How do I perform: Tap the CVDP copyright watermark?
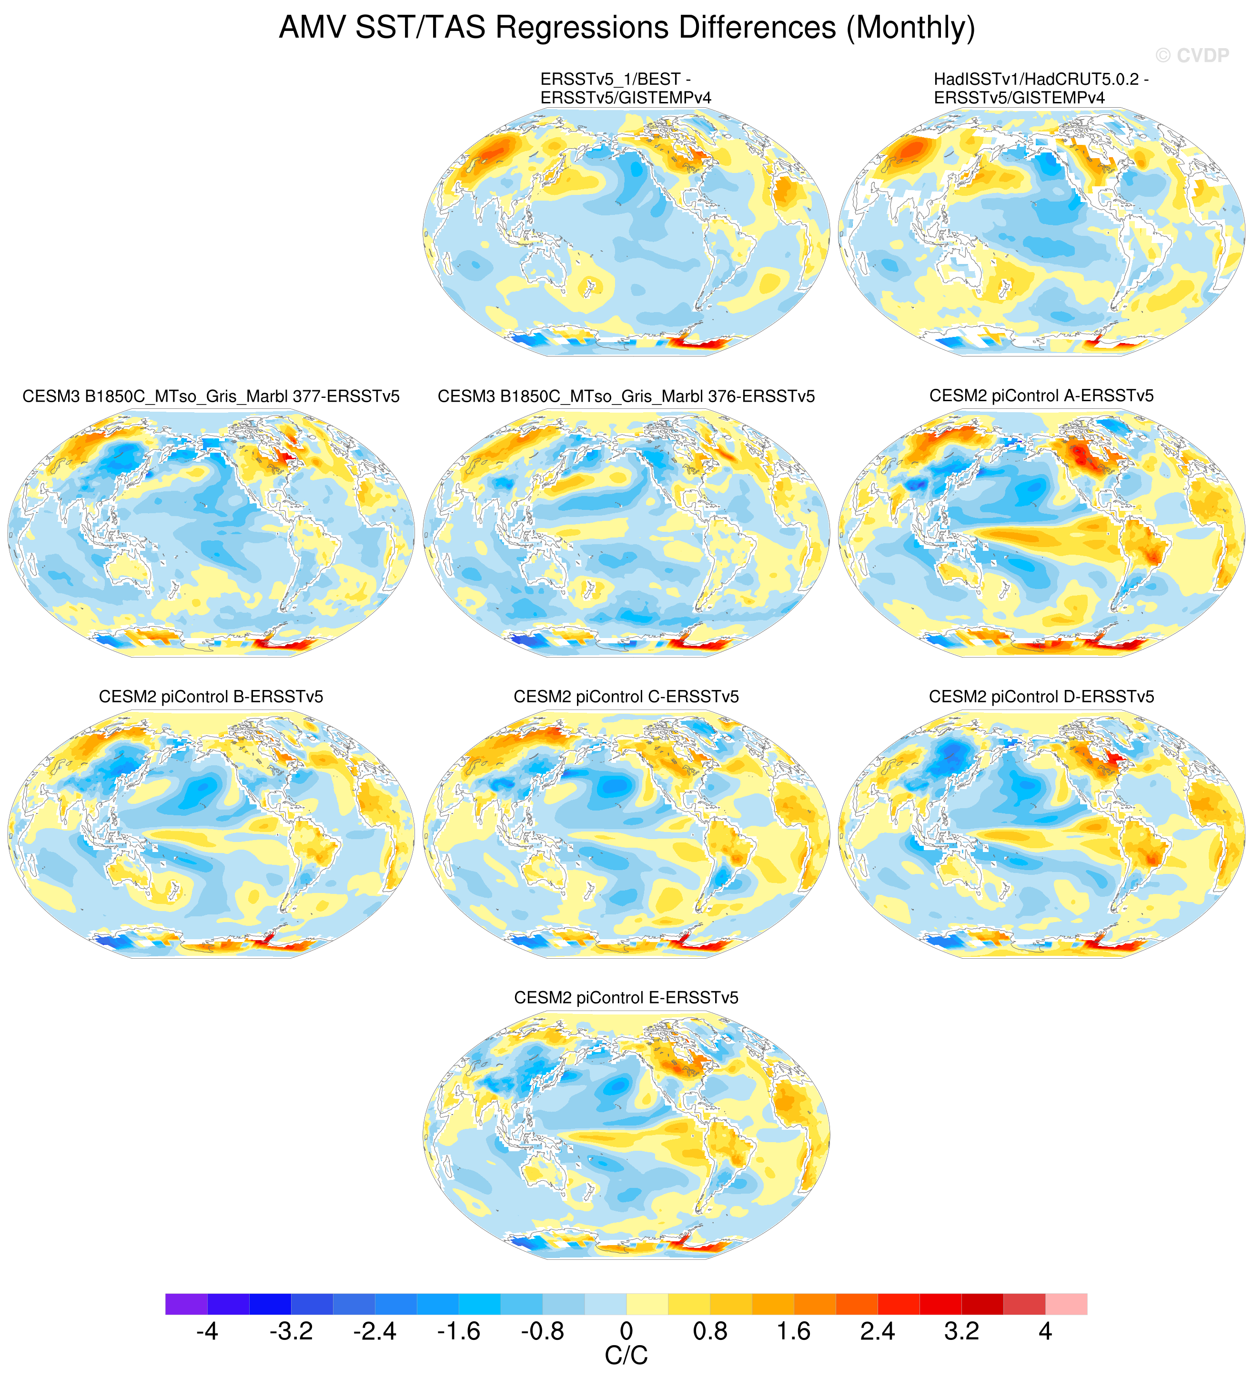click(1192, 55)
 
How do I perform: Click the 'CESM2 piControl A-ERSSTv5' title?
click(1041, 396)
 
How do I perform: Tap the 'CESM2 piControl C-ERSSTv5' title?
click(626, 697)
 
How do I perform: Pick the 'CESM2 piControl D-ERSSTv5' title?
click(1041, 697)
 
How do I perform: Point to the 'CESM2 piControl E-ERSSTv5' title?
click(626, 998)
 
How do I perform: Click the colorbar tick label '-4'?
click(207, 1332)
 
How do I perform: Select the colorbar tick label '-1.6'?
click(459, 1332)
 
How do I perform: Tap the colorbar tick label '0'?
click(626, 1332)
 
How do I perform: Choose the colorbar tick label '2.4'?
click(878, 1332)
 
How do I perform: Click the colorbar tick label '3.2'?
click(961, 1332)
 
